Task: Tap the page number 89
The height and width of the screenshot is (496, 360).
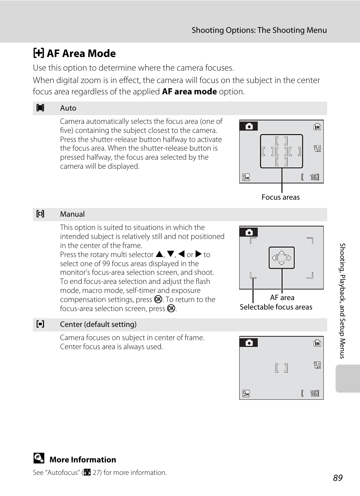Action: point(338,478)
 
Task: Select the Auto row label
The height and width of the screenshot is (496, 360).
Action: point(68,108)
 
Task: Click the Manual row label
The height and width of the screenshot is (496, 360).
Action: point(72,214)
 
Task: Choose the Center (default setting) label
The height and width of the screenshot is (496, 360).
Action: point(98,325)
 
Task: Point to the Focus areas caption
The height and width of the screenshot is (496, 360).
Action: point(280,197)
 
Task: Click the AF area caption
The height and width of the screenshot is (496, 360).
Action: point(282,298)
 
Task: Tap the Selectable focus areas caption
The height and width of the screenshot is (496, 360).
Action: point(276,307)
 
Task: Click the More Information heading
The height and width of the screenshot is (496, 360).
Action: point(83,460)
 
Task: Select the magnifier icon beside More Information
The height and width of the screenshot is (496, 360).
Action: point(38,458)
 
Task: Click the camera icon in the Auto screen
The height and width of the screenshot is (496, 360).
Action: point(249,126)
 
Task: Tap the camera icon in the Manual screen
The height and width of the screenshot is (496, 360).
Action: point(249,233)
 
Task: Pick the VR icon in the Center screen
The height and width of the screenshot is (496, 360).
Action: point(317,365)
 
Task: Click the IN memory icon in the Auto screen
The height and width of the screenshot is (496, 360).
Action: point(317,127)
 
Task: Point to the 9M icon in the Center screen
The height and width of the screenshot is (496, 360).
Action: point(246,394)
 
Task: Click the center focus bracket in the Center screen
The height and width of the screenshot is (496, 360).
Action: point(282,368)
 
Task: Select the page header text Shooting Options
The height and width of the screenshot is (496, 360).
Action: point(259,30)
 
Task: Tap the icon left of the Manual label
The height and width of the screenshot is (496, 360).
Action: point(40,214)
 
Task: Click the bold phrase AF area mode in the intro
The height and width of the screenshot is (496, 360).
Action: point(189,92)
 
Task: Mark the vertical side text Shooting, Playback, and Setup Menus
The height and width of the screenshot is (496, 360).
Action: point(342,300)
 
